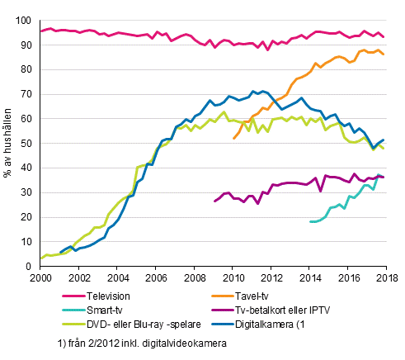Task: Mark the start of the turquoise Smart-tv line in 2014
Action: pos(309,221)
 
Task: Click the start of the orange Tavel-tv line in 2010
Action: pos(233,138)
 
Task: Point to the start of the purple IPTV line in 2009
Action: pos(214,201)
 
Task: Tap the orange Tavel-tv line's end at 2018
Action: pos(384,54)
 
